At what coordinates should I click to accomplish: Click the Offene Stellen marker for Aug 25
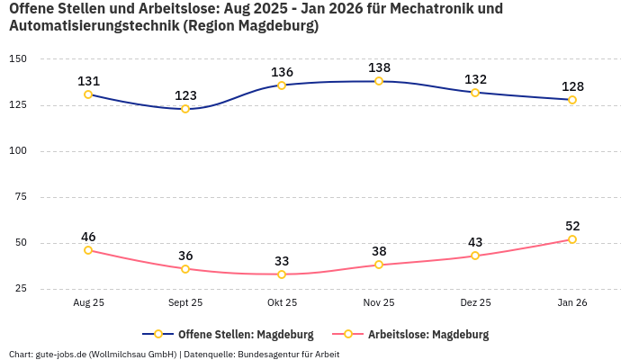(88, 94)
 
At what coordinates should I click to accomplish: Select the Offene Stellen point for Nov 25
(379, 81)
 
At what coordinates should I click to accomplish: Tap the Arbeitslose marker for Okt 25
(282, 274)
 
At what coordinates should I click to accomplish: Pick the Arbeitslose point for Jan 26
(572, 239)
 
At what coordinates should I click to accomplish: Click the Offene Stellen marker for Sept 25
(185, 109)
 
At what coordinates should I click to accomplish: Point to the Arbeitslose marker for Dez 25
(475, 256)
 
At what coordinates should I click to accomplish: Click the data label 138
(379, 67)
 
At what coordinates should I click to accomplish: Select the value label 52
(572, 226)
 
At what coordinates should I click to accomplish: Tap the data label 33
(282, 261)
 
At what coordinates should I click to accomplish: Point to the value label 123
(185, 95)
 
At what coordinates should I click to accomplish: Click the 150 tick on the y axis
(18, 58)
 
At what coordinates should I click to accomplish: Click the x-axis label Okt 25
(282, 303)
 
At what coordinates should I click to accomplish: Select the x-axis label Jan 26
(572, 303)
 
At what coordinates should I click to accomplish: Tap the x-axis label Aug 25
(88, 303)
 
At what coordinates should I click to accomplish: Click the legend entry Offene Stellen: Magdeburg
(232, 334)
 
